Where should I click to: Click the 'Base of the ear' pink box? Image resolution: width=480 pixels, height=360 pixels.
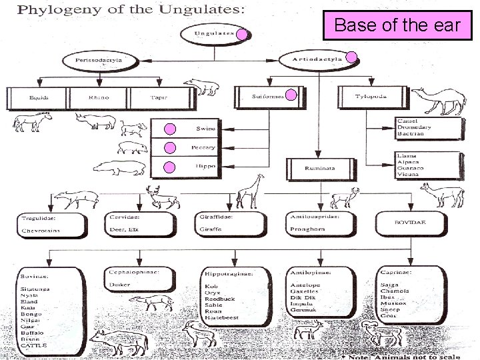pyautogui.click(x=397, y=26)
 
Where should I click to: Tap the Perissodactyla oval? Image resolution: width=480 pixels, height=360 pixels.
pyautogui.click(x=87, y=61)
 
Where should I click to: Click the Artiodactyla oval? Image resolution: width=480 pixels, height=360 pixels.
pyautogui.click(x=316, y=59)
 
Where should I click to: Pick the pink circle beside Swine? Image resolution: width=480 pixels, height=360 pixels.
pyautogui.click(x=170, y=129)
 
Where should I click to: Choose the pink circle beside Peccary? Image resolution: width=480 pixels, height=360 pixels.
pyautogui.click(x=170, y=147)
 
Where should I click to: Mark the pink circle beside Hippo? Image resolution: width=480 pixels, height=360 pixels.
pyautogui.click(x=170, y=167)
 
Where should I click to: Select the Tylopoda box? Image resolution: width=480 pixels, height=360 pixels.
pyautogui.click(x=366, y=97)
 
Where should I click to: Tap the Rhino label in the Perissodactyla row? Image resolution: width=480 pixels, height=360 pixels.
pyautogui.click(x=98, y=98)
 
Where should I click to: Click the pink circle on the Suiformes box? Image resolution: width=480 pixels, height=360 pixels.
pyautogui.click(x=289, y=95)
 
